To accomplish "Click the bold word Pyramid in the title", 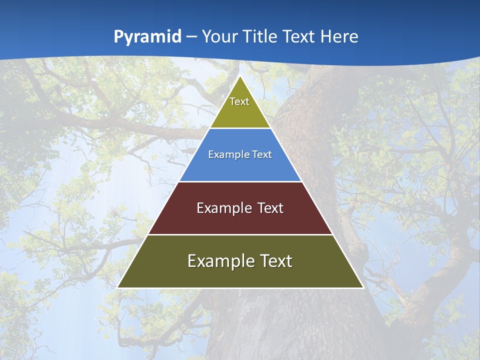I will [147, 37].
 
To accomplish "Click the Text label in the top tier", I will [239, 101].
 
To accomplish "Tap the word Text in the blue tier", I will [260, 154].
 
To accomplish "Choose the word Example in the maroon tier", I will [223, 208].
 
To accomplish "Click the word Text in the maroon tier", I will [269, 208].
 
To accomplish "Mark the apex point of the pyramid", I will [240, 76].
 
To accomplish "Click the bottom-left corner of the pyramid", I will [117, 287].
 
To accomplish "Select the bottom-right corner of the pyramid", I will [363, 287].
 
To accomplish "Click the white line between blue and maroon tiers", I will [240, 181].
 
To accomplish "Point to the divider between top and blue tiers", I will [240, 128].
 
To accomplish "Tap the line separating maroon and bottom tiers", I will [240, 234].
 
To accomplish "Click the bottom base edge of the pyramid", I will [240, 288].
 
